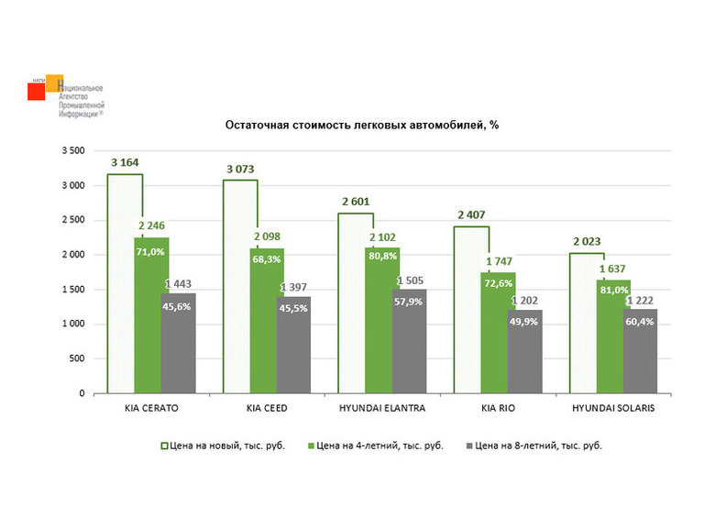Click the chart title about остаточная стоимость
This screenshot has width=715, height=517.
pos(361,125)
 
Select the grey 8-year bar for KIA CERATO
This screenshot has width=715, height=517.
pos(179,344)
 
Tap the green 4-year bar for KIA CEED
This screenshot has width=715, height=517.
pos(267,321)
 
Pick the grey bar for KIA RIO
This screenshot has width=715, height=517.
pos(525,351)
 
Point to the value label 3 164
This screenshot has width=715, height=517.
pos(125,163)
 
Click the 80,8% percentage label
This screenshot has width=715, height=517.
pos(382,257)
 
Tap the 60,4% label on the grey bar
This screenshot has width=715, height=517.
pos(640,322)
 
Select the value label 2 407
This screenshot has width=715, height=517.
pos(471,214)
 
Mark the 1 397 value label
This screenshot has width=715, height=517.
pos(293,288)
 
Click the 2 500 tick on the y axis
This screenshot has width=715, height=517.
pos(73,220)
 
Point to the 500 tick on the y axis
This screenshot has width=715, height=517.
pos(77,358)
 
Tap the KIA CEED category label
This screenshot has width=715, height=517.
pos(267,408)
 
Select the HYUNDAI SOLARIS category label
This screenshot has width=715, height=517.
pos(613,408)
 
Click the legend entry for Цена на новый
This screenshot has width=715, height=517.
pos(223,445)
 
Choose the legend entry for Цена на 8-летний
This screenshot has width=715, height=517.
pos(534,445)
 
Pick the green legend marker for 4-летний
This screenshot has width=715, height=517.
pos(311,445)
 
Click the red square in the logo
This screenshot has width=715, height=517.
pos(36,91)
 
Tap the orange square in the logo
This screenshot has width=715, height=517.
pos(54,82)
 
